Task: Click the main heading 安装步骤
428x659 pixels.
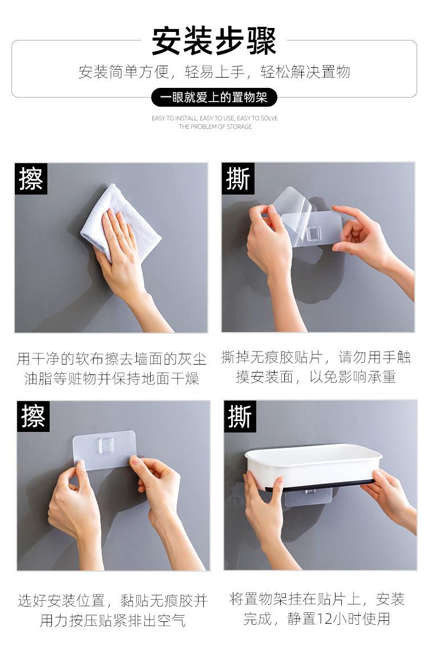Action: tap(214, 41)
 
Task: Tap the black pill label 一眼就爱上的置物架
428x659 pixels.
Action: tap(214, 98)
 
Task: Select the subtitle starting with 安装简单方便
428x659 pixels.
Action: tap(214, 72)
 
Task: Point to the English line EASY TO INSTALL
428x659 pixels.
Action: tap(215, 118)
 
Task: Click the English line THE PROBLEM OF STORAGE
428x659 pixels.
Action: tap(215, 127)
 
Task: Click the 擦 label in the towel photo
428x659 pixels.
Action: tap(31, 179)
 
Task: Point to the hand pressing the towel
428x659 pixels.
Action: tap(120, 251)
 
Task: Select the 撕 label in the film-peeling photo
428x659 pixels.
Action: tap(238, 179)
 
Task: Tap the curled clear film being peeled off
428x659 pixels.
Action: tap(291, 205)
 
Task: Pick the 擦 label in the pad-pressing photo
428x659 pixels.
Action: tap(33, 417)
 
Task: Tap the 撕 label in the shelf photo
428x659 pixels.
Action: tap(240, 417)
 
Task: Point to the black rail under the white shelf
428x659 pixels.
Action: tap(325, 486)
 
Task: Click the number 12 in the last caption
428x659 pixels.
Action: tap(327, 618)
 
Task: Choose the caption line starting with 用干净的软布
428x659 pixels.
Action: tap(111, 359)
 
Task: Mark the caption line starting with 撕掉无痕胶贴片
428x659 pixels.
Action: tap(316, 358)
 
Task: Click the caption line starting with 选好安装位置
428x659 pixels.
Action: tap(112, 600)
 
